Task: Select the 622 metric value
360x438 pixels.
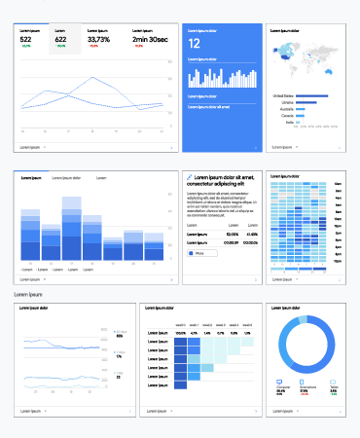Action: tap(61, 39)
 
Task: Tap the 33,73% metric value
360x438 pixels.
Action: tap(99, 39)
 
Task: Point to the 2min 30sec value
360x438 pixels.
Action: tap(143, 39)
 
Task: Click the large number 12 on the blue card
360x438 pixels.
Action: tap(194, 44)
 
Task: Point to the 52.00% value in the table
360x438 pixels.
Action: tap(233, 235)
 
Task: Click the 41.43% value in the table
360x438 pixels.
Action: tap(252, 235)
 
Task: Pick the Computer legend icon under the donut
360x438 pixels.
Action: tap(281, 383)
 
